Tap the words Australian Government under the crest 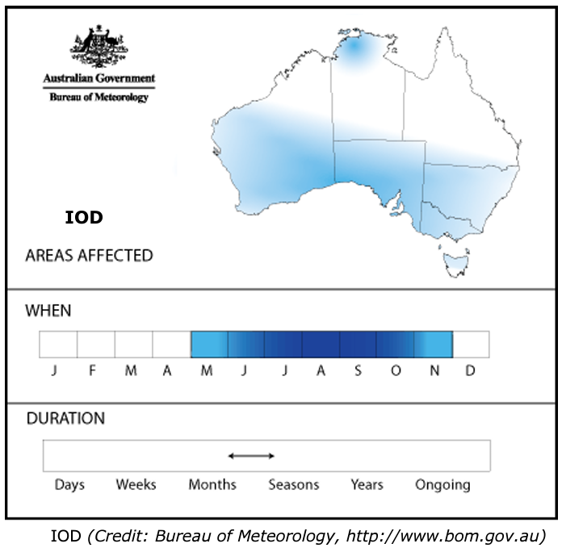tap(99, 80)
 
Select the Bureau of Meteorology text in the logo tap(99, 97)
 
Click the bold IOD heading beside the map tap(84, 218)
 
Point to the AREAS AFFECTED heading tap(89, 256)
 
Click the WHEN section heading tap(48, 310)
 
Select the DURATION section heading tap(65, 419)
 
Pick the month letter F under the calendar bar tap(92, 371)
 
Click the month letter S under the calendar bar tap(357, 371)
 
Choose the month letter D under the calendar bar tap(471, 371)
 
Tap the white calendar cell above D tap(471, 345)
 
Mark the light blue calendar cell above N tap(434, 345)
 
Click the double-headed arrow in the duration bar tap(251, 456)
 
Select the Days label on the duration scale tap(69, 485)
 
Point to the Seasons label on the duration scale tap(294, 485)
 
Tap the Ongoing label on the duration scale tap(442, 485)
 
